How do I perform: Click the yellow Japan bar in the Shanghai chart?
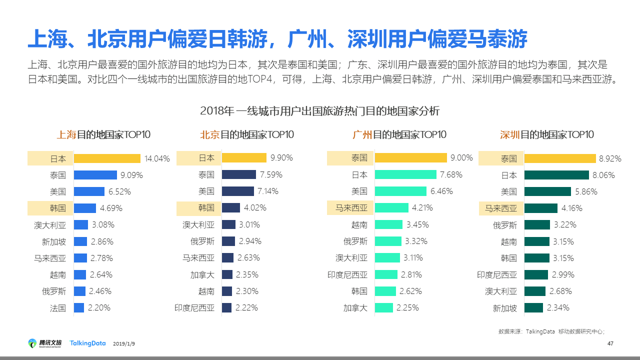[107, 158]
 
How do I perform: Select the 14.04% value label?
[157, 159]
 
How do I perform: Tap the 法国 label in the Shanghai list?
[58, 308]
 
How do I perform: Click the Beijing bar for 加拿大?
[227, 274]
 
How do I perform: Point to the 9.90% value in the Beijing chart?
[281, 158]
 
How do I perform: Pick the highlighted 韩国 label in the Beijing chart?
[206, 208]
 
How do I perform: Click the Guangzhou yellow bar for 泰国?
[410, 158]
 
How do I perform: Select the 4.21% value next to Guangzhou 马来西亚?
[422, 208]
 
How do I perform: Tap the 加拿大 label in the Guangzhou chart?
[355, 308]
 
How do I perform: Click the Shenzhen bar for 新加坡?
[533, 308]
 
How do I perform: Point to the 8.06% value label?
[604, 175]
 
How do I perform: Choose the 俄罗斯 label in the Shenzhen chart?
[505, 225]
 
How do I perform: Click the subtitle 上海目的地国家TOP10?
[103, 134]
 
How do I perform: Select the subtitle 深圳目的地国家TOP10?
[547, 134]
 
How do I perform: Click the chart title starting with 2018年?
[319, 110]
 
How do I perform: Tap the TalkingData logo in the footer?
[88, 343]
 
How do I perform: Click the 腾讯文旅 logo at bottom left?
[45, 343]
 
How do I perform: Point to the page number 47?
[610, 343]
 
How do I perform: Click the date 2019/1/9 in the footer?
[124, 344]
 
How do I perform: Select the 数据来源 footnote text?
[551, 331]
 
